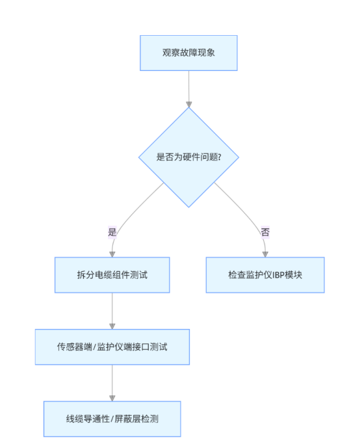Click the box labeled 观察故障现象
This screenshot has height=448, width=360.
(188, 53)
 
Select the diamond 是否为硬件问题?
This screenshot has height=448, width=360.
(188, 157)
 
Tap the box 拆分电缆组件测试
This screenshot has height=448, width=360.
(112, 275)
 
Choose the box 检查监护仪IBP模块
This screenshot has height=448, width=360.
(265, 275)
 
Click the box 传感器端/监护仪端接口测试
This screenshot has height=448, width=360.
(112, 347)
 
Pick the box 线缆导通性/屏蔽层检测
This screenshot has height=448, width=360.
(112, 419)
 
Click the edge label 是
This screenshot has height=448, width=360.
(112, 231)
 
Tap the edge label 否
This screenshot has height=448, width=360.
(265, 231)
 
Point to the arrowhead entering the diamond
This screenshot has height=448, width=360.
(188, 104)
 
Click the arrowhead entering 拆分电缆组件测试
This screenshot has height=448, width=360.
(112, 254)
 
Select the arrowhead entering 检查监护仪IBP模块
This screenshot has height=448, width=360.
(265, 254)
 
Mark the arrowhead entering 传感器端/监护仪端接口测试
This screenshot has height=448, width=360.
(112, 326)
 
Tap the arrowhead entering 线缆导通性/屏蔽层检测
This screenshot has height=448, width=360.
(112, 399)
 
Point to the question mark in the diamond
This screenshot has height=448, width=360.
(220, 157)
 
